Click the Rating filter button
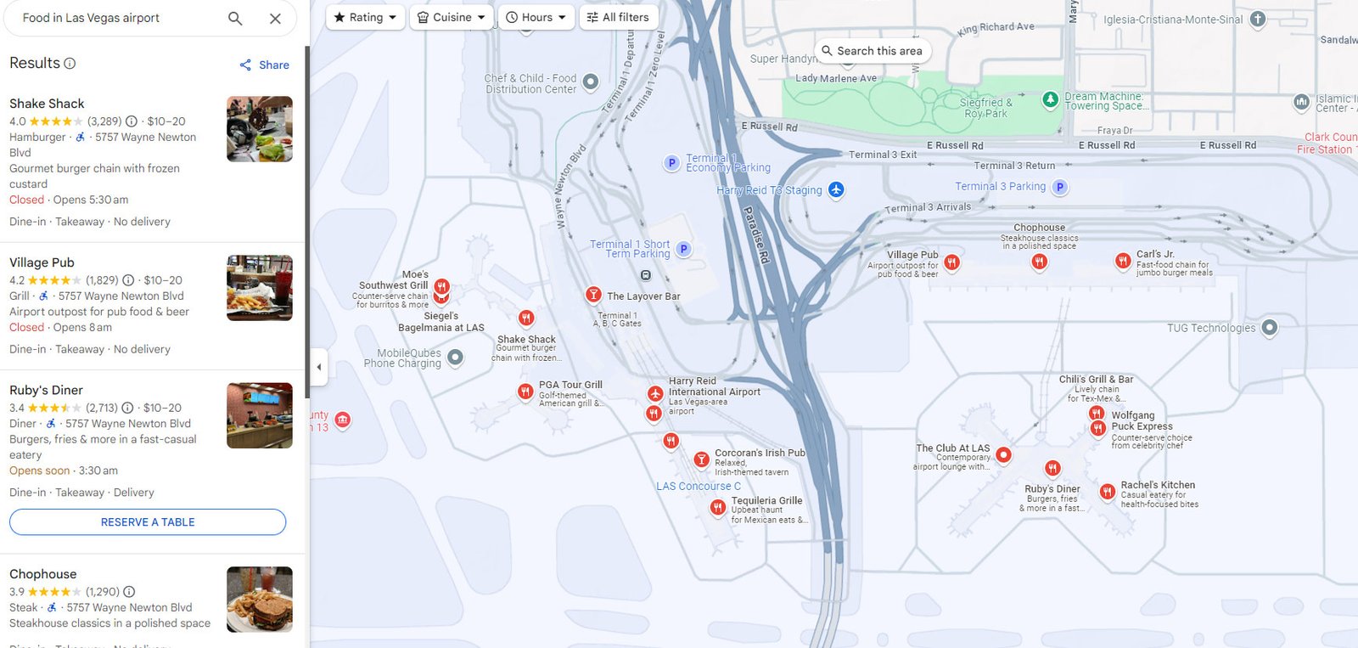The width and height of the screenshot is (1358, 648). [x=365, y=17]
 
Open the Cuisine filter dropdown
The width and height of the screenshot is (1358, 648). [x=452, y=17]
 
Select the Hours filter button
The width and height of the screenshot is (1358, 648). [x=536, y=17]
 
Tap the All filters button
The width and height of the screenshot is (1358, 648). [x=619, y=17]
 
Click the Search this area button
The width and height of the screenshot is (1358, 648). [x=872, y=51]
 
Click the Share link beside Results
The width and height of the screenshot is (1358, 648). [x=265, y=65]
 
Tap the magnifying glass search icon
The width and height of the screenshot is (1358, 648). [x=235, y=18]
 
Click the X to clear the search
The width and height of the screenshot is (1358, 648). [x=275, y=18]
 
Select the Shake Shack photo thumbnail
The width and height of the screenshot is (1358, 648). [x=260, y=129]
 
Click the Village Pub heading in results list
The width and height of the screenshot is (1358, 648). [x=42, y=262]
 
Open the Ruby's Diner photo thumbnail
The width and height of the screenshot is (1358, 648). [x=260, y=415]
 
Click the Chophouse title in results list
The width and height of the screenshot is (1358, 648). [x=43, y=574]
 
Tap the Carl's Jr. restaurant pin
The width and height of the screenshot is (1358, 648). [x=1123, y=261]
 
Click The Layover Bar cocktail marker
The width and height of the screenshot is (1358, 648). [x=593, y=295]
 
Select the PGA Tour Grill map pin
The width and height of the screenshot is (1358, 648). [x=525, y=392]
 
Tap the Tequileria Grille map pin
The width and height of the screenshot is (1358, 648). [x=718, y=508]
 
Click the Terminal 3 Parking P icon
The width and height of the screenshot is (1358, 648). [x=1059, y=187]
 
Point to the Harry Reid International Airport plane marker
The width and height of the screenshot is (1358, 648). [x=654, y=394]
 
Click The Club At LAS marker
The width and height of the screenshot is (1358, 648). [x=1003, y=454]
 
